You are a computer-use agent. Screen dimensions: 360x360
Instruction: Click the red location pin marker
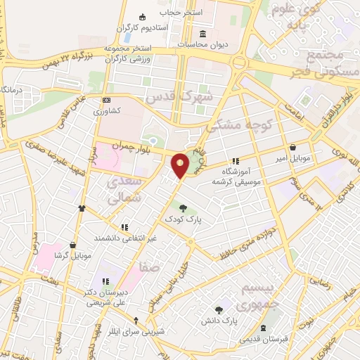[181, 165]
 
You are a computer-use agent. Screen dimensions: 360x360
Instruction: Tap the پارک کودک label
[184, 219]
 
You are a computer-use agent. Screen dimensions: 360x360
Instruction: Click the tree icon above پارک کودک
[184, 207]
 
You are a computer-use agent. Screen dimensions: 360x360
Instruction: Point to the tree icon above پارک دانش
[219, 309]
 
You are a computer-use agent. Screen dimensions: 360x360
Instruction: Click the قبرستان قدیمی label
[264, 340]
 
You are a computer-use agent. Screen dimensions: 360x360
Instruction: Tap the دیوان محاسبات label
[203, 44]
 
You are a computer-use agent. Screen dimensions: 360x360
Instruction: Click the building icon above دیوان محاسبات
[203, 34]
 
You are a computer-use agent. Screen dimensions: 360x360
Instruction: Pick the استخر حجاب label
[181, 13]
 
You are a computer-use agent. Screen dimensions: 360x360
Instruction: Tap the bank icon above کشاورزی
[106, 101]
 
